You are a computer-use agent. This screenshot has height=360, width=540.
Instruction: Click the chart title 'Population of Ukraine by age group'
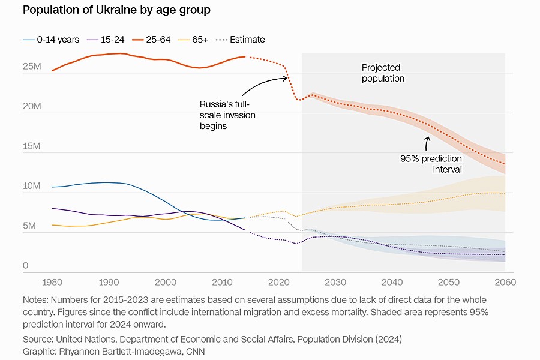[x=116, y=11]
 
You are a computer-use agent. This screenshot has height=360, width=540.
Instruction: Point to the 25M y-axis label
[x=32, y=67]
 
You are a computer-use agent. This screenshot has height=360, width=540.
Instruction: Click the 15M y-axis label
[x=32, y=146]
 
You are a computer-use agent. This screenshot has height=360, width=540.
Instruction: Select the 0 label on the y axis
[x=26, y=266]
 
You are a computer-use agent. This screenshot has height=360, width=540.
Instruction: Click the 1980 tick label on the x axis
[x=52, y=283]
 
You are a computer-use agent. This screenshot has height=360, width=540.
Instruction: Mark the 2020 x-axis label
[x=278, y=283]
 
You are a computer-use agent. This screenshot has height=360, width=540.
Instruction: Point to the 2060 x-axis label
[x=504, y=283]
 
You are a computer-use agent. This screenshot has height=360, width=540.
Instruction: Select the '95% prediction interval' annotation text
[x=431, y=164]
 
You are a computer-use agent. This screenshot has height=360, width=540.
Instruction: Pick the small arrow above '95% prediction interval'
[x=427, y=143]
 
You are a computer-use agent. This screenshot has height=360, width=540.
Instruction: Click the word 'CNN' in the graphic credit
[x=194, y=351]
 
